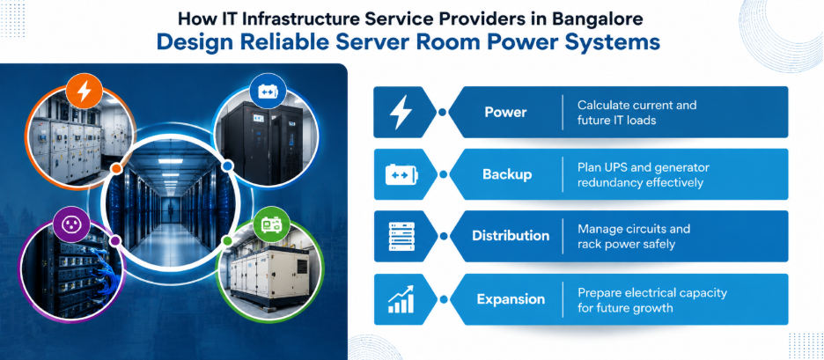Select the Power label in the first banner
coord(505,112)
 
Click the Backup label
coord(507,174)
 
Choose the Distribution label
coord(511,236)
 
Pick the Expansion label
coord(511,299)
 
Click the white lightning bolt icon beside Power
coord(401,112)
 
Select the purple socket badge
coord(70,224)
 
